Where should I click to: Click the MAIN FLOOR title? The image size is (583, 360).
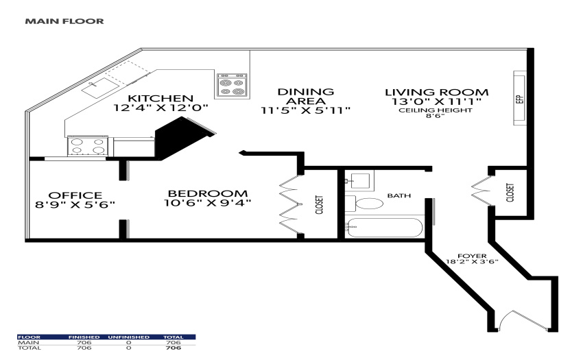(x=64, y=21)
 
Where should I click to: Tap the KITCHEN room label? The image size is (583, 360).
(x=160, y=99)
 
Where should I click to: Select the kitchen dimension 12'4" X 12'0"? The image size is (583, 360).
(x=160, y=108)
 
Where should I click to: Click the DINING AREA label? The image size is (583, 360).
(x=306, y=96)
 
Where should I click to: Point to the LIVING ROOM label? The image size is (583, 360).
(x=436, y=93)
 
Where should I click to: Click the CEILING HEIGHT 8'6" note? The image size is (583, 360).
(x=436, y=112)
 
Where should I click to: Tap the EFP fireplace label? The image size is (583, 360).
(x=520, y=99)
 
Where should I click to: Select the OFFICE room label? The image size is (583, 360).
(x=75, y=195)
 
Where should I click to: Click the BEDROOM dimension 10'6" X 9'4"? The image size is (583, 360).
(x=207, y=203)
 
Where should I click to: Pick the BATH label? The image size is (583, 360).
(x=399, y=195)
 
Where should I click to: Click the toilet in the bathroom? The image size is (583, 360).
(x=366, y=204)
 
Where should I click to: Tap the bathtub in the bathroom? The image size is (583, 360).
(x=385, y=228)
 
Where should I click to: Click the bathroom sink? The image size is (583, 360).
(x=359, y=181)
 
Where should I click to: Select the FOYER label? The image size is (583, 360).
(x=472, y=256)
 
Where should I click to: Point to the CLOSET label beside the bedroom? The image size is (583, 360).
(x=319, y=205)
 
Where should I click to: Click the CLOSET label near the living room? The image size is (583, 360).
(x=510, y=192)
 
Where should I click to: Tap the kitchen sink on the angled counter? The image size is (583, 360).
(x=100, y=88)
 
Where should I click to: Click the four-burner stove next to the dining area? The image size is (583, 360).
(x=232, y=86)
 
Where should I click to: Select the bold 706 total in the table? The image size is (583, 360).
(x=174, y=348)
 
